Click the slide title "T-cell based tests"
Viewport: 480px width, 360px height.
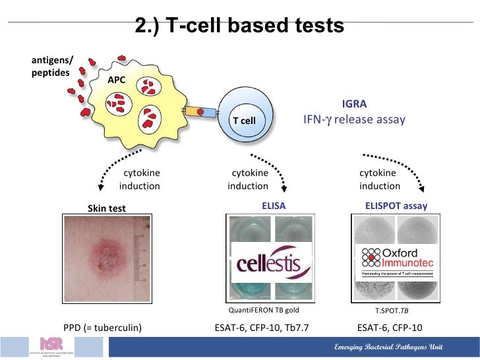click(x=239, y=26)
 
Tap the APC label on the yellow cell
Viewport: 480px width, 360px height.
click(x=117, y=80)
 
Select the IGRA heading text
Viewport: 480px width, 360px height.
click(x=354, y=104)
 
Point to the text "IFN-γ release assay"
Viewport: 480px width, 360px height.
click(x=354, y=120)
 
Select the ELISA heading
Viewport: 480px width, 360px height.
click(x=274, y=206)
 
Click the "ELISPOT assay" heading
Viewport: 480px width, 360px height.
click(x=396, y=206)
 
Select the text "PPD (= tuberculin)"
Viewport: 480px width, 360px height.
click(x=102, y=327)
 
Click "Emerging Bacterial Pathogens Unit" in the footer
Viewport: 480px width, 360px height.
click(x=389, y=347)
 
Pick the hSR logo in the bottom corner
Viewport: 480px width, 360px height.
click(x=51, y=346)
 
